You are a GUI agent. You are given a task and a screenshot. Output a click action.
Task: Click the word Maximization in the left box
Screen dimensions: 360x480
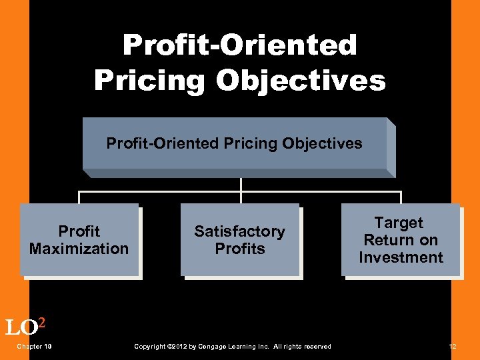pyautogui.click(x=79, y=249)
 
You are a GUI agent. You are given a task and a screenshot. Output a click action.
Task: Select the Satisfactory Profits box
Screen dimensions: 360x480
pyautogui.click(x=239, y=240)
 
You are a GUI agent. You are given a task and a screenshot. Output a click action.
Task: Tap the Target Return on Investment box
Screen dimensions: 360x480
pyautogui.click(x=400, y=240)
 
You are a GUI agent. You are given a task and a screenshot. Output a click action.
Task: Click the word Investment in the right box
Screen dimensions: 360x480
pyautogui.click(x=401, y=257)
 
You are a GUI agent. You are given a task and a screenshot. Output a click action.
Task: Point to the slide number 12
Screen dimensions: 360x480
pyautogui.click(x=453, y=347)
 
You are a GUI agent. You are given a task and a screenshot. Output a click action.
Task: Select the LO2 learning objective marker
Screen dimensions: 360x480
pyautogui.click(x=25, y=327)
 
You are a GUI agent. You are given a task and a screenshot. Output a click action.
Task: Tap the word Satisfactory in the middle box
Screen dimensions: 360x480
pyautogui.click(x=239, y=231)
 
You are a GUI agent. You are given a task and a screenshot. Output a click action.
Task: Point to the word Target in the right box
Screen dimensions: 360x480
pyautogui.click(x=399, y=223)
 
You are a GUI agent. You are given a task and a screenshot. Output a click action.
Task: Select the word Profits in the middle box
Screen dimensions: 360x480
pyautogui.click(x=239, y=249)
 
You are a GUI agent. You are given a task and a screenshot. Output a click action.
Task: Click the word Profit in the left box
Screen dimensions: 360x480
pyautogui.click(x=79, y=231)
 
